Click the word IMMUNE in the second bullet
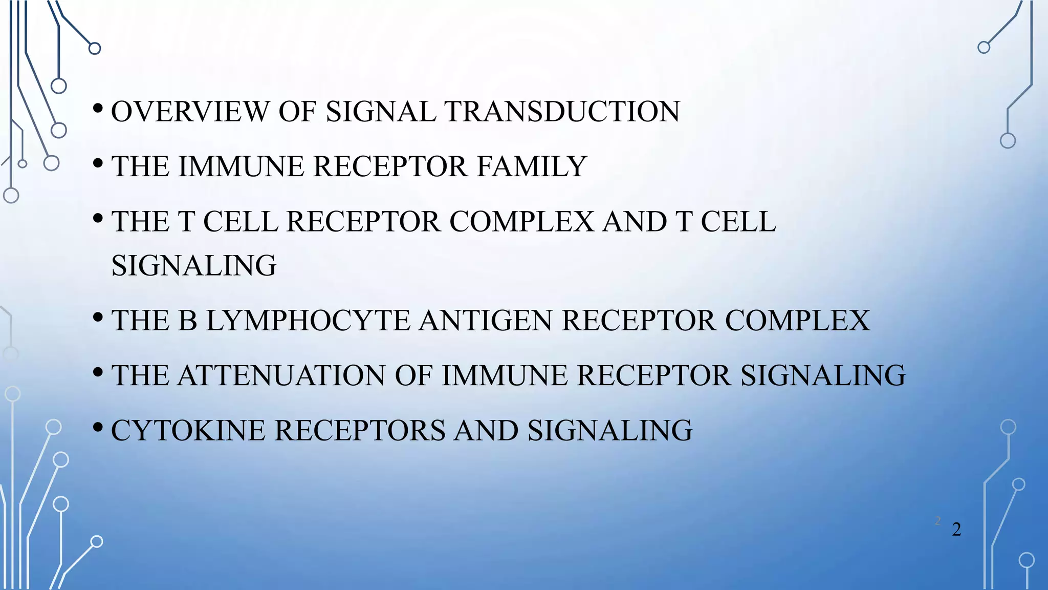tap(241, 166)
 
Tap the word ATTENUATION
tap(281, 375)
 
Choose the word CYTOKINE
tap(188, 430)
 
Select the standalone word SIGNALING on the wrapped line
tap(194, 266)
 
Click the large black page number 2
tap(956, 530)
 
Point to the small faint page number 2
tap(938, 521)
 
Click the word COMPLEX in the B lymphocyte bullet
tap(797, 321)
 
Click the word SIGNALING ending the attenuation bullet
tap(823, 375)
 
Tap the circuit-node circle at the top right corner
tap(984, 48)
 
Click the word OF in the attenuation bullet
tap(413, 375)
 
